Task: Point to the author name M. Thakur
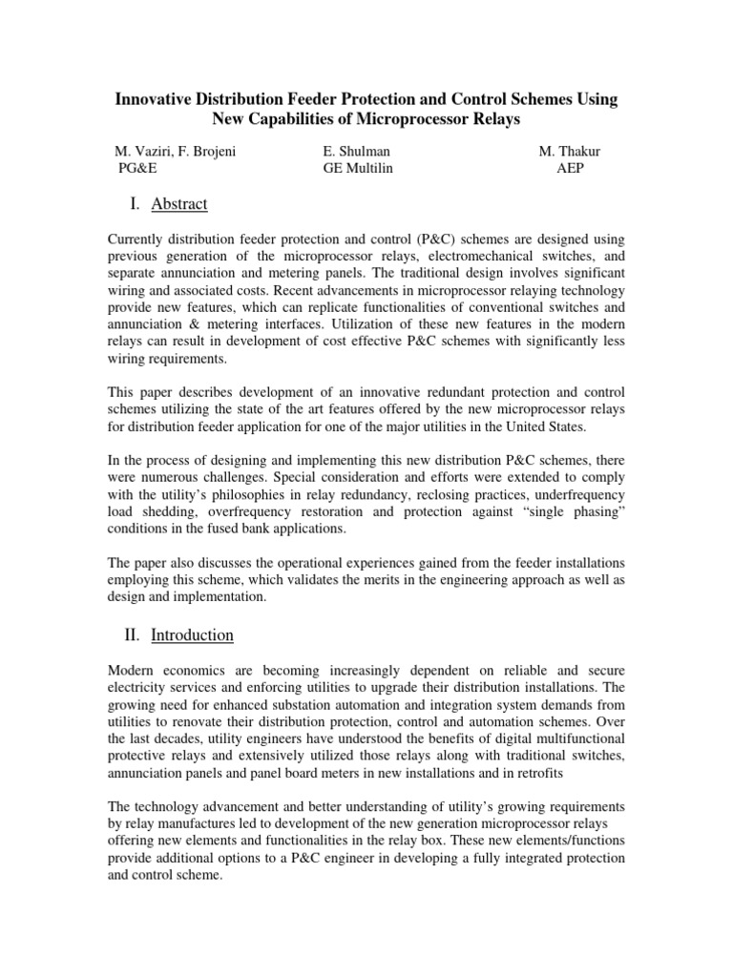(x=570, y=151)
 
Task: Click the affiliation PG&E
(x=136, y=169)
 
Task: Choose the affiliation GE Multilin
(x=358, y=169)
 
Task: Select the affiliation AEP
(x=570, y=169)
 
